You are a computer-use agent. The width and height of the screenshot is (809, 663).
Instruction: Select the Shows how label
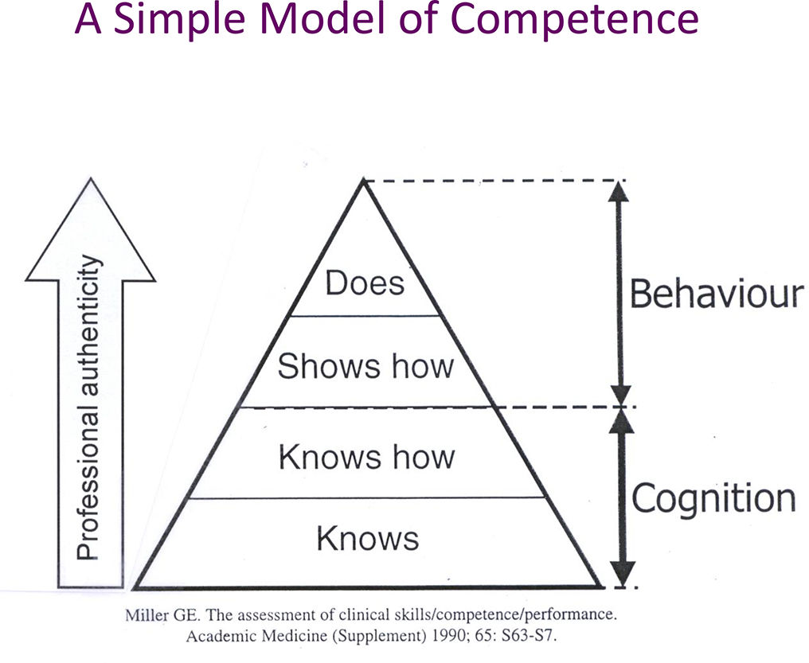[x=365, y=365]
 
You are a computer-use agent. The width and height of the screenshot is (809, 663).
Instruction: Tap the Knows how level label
[x=366, y=457]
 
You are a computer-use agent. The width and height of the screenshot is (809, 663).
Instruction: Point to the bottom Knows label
[x=367, y=539]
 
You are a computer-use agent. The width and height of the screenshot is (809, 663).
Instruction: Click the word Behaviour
[x=717, y=294]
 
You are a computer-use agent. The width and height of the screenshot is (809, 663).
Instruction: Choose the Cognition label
[x=713, y=499]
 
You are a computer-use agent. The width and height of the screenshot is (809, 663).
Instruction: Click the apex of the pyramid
[x=364, y=183]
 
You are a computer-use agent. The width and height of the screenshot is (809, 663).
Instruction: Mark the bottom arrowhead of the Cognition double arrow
[x=622, y=575]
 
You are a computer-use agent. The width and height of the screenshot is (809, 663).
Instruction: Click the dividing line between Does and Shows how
[x=365, y=316]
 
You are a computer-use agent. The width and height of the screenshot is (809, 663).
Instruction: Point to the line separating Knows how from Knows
[x=367, y=499]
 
